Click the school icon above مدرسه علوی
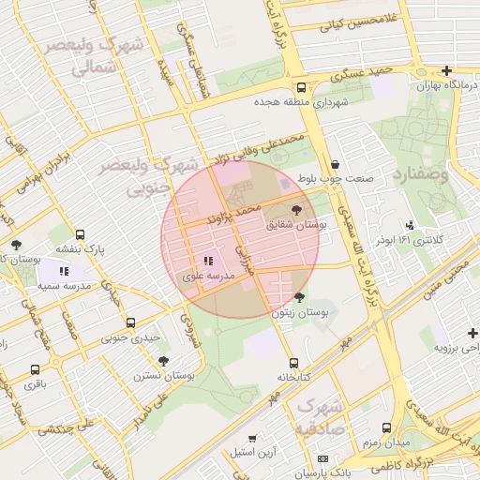tap(207, 262)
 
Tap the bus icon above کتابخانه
tap(293, 363)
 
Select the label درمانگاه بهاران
tap(446, 85)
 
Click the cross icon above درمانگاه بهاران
tap(446, 70)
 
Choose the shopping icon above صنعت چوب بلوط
tap(335, 163)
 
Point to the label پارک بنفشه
tap(81, 250)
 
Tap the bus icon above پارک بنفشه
tap(81, 235)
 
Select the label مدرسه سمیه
tap(64, 285)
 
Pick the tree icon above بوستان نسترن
tap(164, 360)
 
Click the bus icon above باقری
tap(35, 370)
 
